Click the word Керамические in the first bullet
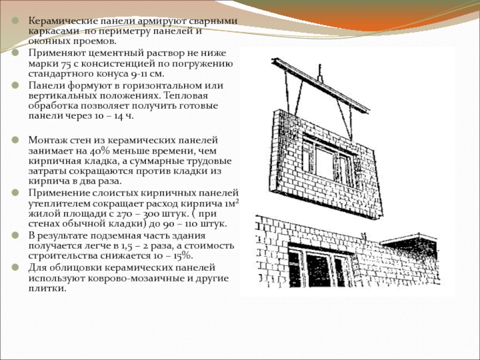(61, 21)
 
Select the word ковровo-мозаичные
(110, 278)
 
